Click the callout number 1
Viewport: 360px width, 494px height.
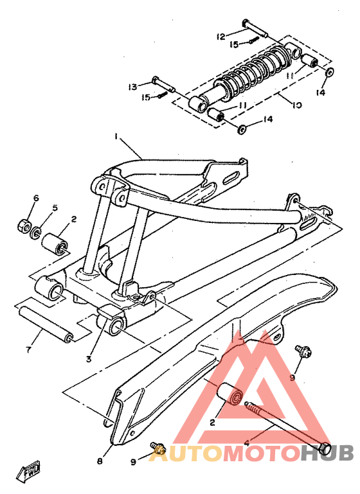pyautogui.click(x=116, y=137)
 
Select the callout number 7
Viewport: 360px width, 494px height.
pyautogui.click(x=28, y=349)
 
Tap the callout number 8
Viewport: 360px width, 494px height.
pyautogui.click(x=100, y=460)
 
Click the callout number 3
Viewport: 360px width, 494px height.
pyautogui.click(x=89, y=358)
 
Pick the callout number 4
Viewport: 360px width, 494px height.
pyautogui.click(x=246, y=443)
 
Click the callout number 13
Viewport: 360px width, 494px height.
pyautogui.click(x=132, y=87)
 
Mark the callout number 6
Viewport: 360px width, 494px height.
pyautogui.click(x=36, y=198)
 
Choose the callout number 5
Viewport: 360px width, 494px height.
pyautogui.click(x=55, y=207)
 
